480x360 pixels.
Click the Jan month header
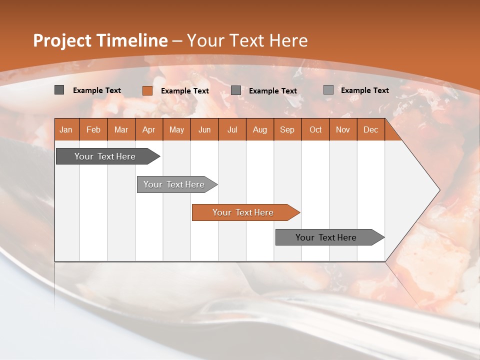coord(66,129)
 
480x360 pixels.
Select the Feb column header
coord(93,129)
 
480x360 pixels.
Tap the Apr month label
coord(148,129)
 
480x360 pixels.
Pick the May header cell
coord(176,129)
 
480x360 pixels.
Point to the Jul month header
coord(232,129)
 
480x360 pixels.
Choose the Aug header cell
coord(259,129)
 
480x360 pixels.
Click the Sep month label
coord(287,129)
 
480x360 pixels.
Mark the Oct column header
coord(315,129)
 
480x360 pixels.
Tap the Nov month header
coord(343,129)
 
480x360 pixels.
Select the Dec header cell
coord(370,129)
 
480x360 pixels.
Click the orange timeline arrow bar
coord(243,212)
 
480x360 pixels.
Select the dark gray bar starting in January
coord(105,156)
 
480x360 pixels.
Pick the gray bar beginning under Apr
coord(174,184)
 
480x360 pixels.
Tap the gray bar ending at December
coord(326,237)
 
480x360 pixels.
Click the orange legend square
coord(147,90)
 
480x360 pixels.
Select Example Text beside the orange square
coord(185,91)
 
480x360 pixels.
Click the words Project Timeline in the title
coord(100,40)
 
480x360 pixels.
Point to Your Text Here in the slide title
coord(247,40)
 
